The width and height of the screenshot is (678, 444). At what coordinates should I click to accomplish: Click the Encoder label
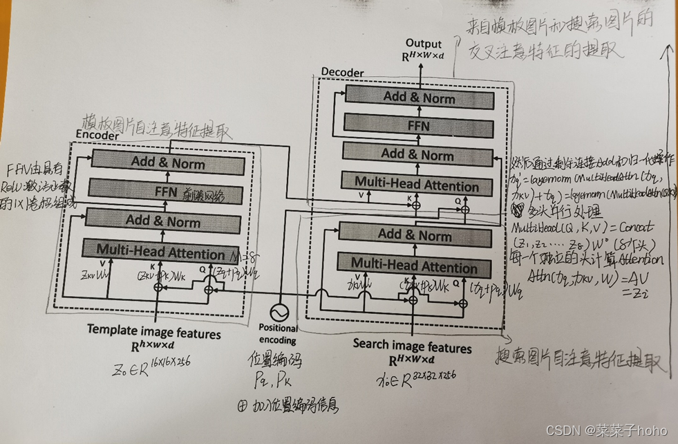click(x=97, y=136)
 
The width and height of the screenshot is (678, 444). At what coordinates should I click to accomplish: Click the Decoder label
click(x=342, y=72)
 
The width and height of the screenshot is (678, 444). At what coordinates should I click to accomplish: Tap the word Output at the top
click(x=424, y=44)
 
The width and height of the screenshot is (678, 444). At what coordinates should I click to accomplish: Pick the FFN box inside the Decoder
click(x=419, y=126)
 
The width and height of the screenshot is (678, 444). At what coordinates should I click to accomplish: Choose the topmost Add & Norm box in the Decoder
click(x=419, y=98)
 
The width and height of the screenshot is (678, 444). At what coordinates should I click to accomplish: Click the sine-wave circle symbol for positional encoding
click(x=279, y=312)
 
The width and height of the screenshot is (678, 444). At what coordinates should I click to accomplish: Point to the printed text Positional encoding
click(x=278, y=334)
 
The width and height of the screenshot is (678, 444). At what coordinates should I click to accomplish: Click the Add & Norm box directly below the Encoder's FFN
click(x=163, y=222)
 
